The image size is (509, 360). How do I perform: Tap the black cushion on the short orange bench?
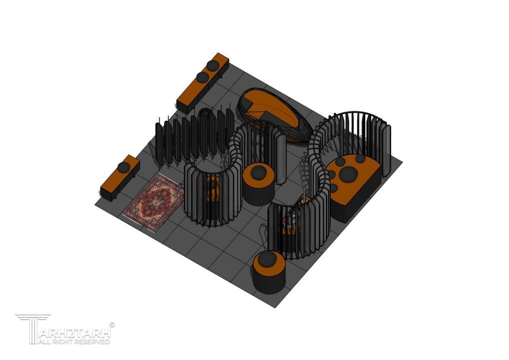coord(123,167)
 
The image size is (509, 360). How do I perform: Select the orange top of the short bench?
coord(120,173)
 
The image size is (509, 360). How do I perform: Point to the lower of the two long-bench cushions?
coord(202,77)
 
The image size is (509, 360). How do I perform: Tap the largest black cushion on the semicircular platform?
coord(348,174)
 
